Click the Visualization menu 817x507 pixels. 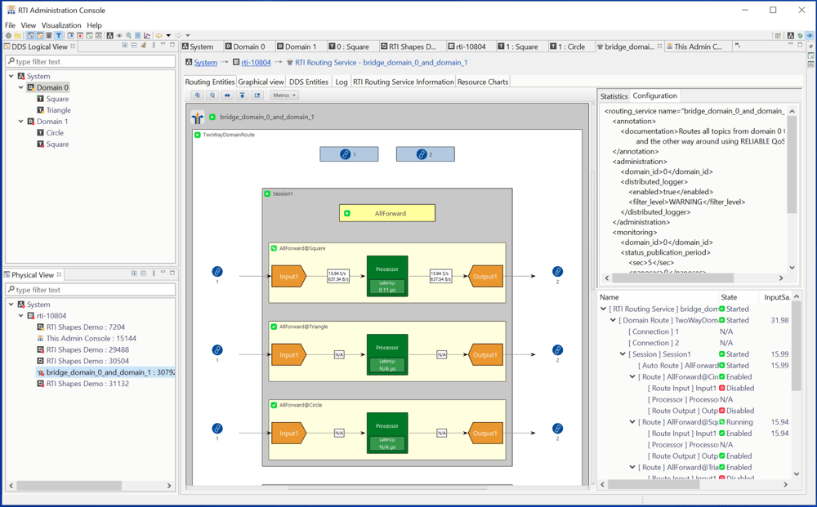[61, 25]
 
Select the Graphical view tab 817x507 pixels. [261, 82]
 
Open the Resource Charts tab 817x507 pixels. [482, 82]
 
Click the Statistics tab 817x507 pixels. [614, 96]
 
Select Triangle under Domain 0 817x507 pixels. [58, 110]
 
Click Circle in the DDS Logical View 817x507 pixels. [55, 133]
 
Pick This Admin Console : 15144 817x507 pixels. [91, 338]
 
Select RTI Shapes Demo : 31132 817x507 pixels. [87, 384]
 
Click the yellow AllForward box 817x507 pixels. [387, 213]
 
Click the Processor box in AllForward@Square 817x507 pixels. [386, 276]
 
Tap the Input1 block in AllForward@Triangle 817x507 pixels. [288, 355]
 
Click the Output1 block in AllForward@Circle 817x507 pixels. [485, 433]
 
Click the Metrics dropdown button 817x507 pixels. [283, 96]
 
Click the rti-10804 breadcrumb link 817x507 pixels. [256, 63]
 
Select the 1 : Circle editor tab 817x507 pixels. [570, 47]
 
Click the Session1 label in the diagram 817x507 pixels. [283, 194]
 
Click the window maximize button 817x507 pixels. [773, 10]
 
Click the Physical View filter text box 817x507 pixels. [90, 290]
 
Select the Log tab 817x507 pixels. [341, 82]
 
